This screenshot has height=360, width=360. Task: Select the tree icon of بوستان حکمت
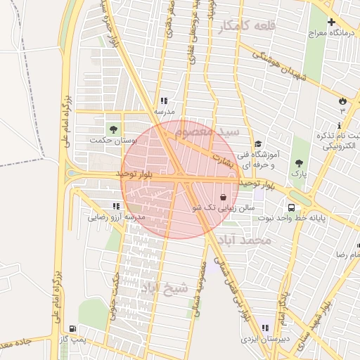click(112, 129)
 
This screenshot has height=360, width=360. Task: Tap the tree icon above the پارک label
click(300, 162)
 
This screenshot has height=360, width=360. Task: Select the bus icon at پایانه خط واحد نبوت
click(290, 207)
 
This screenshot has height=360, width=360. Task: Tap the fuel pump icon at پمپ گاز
click(72, 328)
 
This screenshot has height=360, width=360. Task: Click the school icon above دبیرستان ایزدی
click(264, 328)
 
